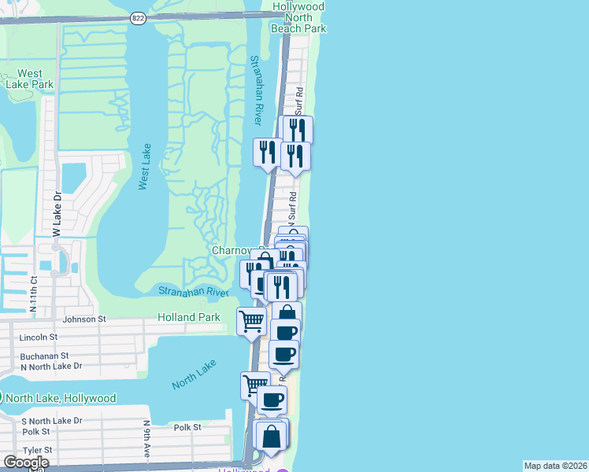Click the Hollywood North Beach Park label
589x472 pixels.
point(298,17)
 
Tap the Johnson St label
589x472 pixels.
point(84,319)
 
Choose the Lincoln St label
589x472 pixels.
point(38,337)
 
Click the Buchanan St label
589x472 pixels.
point(43,356)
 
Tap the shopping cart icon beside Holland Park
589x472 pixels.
point(251,320)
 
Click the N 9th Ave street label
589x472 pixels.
point(147,439)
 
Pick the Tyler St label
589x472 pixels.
point(37,450)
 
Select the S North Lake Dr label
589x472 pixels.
point(52,421)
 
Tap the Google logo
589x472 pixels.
point(26,463)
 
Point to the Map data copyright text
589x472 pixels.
point(555,466)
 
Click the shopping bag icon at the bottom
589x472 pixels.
point(271,437)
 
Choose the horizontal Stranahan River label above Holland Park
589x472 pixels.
point(193,292)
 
